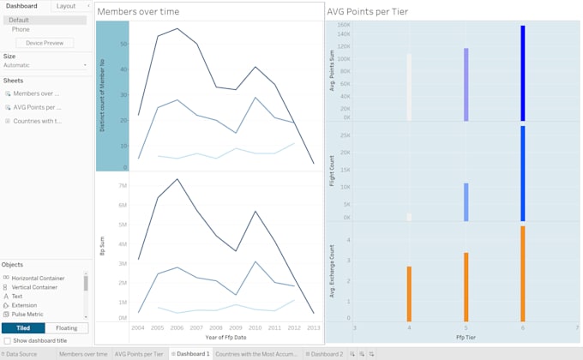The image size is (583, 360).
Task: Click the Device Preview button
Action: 44,42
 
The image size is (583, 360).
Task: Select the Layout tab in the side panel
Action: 66,6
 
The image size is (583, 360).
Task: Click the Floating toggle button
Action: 66,327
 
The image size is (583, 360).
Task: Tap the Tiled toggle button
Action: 23,327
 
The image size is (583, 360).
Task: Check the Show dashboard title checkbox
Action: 8,340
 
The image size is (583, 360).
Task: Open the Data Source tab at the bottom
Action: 21,353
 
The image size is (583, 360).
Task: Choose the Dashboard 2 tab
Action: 326,353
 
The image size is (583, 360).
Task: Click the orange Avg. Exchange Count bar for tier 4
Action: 409,292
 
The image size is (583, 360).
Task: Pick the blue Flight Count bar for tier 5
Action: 466,202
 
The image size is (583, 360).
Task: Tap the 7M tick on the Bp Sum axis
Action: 123,186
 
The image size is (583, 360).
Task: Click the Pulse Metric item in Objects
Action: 32,315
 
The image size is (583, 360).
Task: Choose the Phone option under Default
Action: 21,29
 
